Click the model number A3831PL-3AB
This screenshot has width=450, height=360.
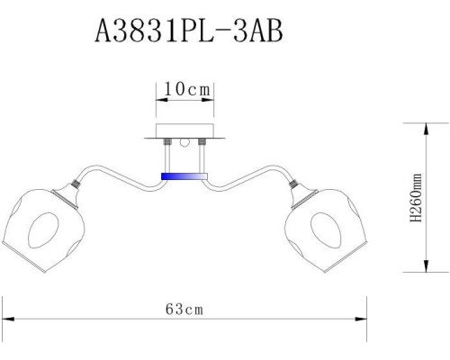point(188,33)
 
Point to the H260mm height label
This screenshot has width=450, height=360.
point(416,200)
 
